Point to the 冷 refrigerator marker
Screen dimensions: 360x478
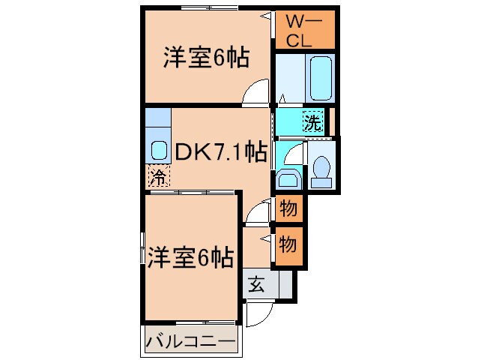pos(158,177)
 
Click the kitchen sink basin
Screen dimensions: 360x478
pos(158,148)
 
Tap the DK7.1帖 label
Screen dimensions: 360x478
pos(220,153)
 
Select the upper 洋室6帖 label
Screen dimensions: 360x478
pos(206,58)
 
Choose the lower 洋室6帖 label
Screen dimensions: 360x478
pos(189,257)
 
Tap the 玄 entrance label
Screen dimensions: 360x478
pos(255,285)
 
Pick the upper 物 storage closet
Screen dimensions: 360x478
pos(287,208)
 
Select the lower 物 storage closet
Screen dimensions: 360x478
pos(287,244)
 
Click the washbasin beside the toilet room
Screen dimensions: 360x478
pos(287,178)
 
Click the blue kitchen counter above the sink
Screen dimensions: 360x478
pos(158,117)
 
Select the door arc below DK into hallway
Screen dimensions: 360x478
pos(257,212)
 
